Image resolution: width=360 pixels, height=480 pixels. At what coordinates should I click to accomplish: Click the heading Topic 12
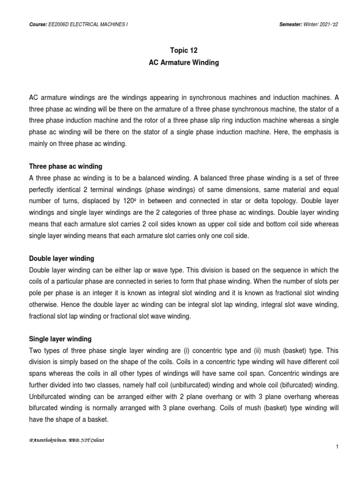pyautogui.click(x=180, y=51)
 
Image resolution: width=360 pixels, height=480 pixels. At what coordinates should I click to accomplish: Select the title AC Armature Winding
pyautogui.click(x=180, y=63)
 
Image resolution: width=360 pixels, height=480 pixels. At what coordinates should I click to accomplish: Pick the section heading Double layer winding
pyautogui.click(x=61, y=258)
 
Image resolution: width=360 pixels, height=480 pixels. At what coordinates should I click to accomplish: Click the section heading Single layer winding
pyautogui.click(x=60, y=338)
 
